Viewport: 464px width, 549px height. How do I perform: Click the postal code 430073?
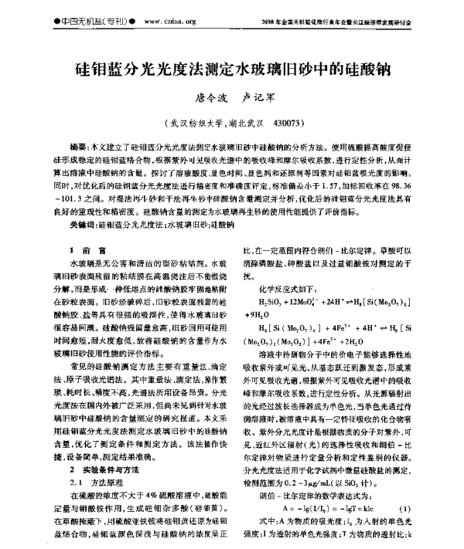(296, 123)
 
